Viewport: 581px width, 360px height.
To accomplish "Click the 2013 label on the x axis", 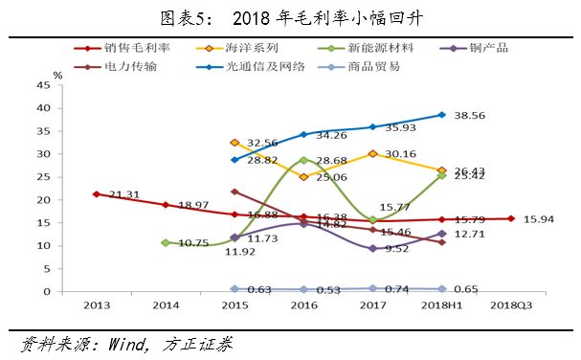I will [96, 305].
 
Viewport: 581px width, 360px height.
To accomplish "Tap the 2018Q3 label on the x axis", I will [509, 305].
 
